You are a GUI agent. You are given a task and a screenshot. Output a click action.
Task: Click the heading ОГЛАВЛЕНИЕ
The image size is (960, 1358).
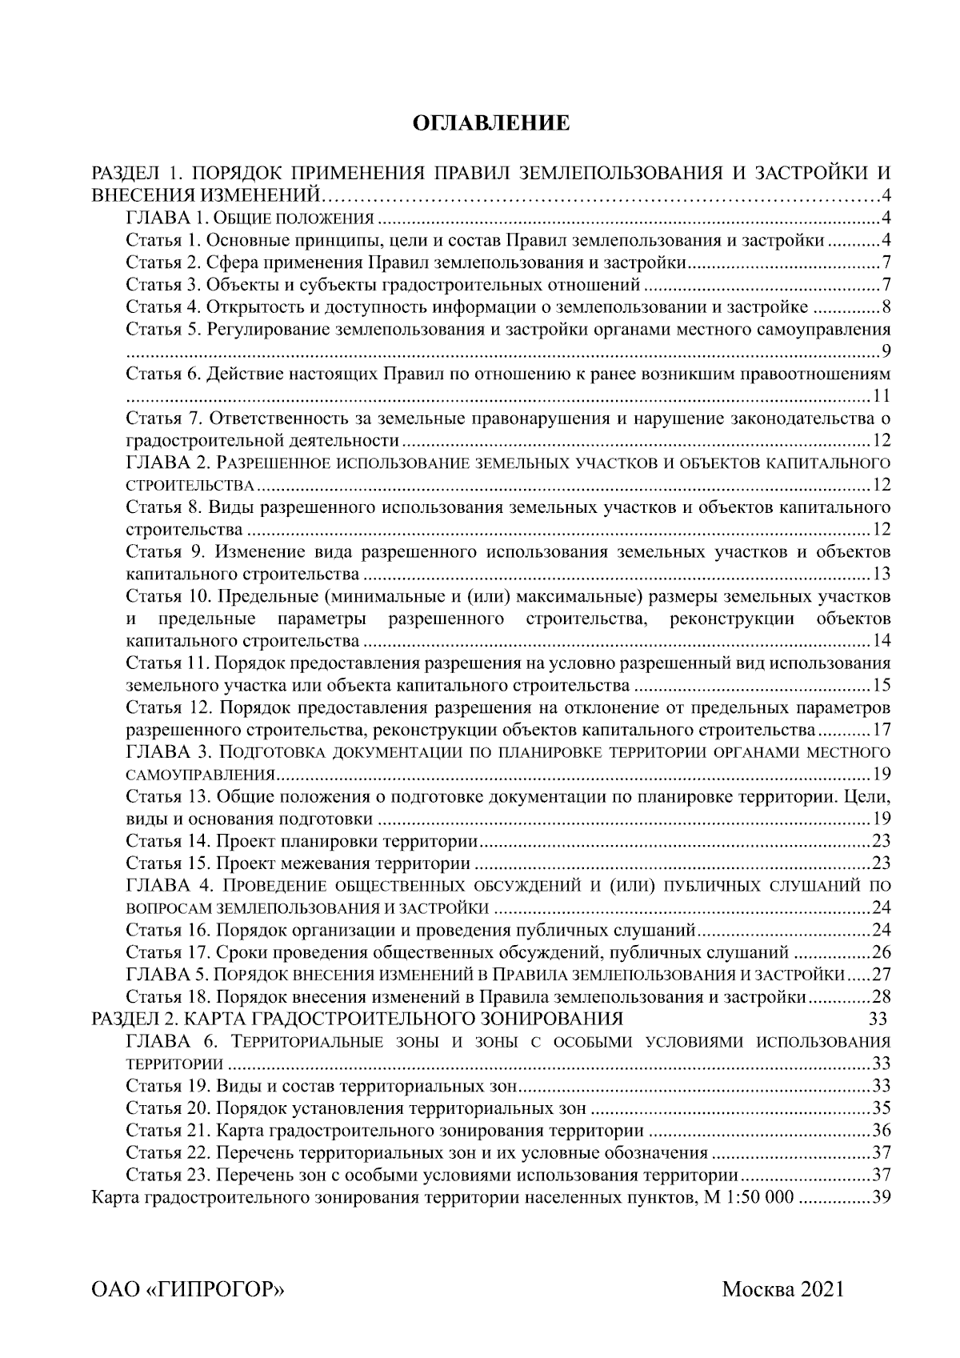[490, 123]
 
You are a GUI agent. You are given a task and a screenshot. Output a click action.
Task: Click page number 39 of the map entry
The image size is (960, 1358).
[882, 1198]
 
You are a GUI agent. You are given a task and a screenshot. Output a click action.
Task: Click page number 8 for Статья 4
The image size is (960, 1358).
[886, 307]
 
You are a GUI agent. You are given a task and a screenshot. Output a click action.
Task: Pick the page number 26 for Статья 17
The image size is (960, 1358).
[882, 952]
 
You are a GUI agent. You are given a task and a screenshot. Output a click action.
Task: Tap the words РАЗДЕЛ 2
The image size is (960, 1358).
[132, 1019]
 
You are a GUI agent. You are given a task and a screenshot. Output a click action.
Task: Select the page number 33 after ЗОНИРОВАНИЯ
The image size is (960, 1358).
[878, 1020]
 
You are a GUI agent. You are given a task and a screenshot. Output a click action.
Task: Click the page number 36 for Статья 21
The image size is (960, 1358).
[882, 1131]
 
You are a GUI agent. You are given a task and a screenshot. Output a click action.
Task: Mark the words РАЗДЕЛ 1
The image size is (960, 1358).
[132, 173]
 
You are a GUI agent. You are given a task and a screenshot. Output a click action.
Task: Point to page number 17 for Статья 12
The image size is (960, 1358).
[882, 730]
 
